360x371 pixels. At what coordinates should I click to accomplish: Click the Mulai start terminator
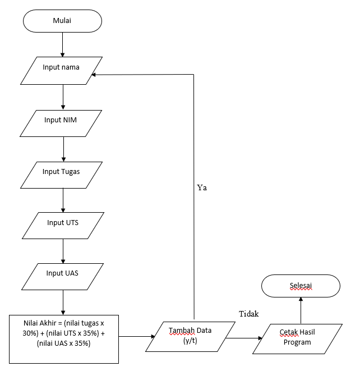tap(62, 21)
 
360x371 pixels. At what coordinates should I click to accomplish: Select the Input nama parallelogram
tap(61, 68)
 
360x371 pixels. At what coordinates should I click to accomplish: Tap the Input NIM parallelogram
tap(61, 120)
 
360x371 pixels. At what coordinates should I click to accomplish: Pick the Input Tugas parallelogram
tap(61, 172)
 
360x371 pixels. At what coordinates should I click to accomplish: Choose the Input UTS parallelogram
tap(62, 223)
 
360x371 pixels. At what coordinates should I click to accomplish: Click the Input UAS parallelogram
tap(62, 273)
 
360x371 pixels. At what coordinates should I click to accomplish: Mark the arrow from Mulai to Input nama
tap(63, 43)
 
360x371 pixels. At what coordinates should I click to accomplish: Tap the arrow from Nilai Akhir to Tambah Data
tap(137, 337)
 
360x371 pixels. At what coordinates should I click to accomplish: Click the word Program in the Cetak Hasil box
tap(297, 342)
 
